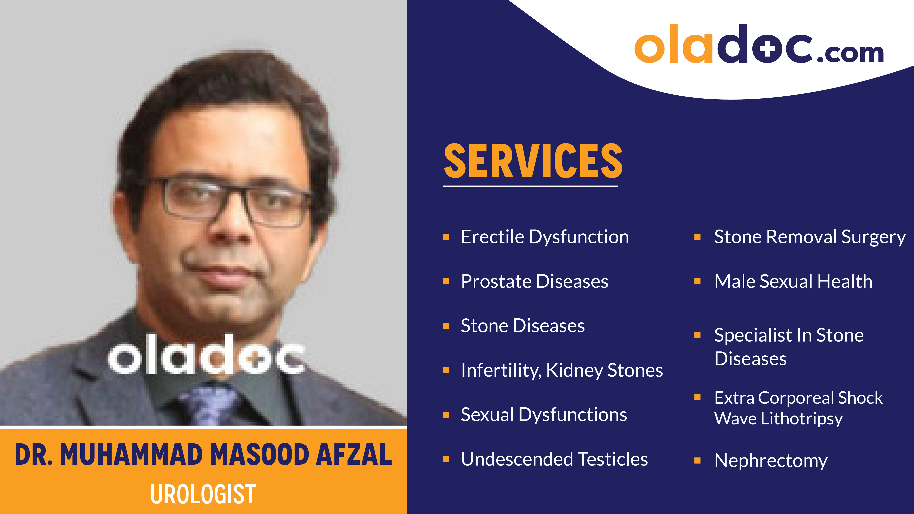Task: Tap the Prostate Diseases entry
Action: pos(534,281)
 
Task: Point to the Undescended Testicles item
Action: pos(554,459)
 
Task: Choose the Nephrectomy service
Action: pos(771,460)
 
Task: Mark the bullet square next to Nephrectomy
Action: pos(697,460)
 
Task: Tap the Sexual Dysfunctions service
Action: pos(544,415)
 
